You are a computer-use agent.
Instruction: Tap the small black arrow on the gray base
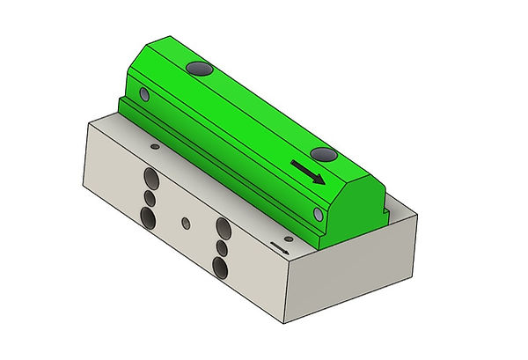[280, 246]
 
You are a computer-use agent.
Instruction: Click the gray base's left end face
[101, 158]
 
